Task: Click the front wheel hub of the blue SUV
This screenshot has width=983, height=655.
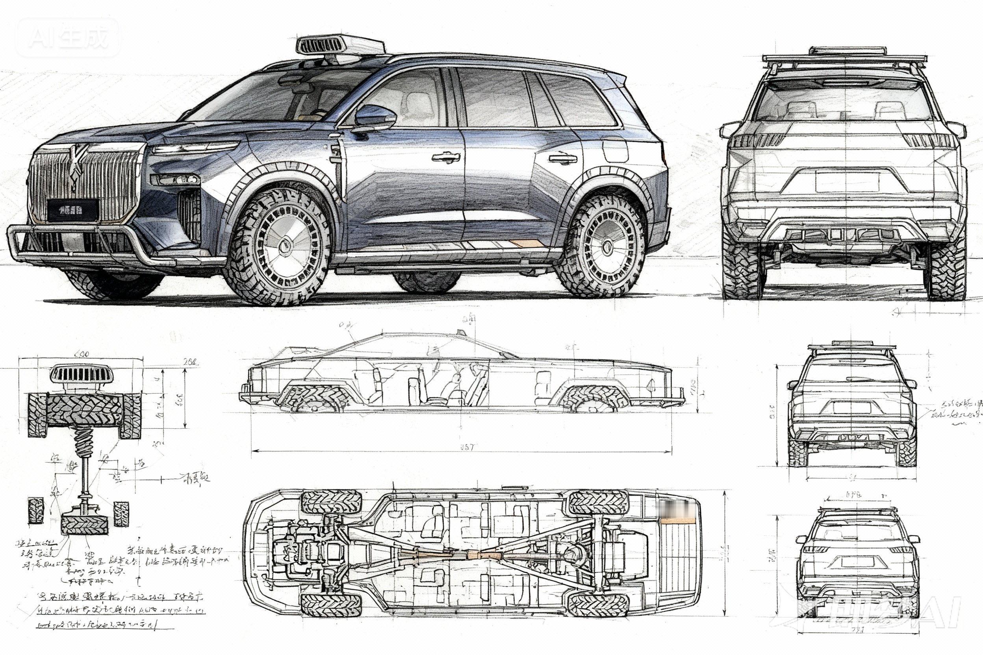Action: [x=286, y=246]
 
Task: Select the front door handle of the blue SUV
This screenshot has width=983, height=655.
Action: [x=445, y=157]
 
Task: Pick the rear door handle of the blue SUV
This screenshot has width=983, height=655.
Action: [x=562, y=159]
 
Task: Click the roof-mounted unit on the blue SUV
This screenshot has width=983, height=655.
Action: [x=340, y=46]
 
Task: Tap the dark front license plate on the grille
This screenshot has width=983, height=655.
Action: [x=73, y=210]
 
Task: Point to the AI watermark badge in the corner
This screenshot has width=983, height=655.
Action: [x=68, y=38]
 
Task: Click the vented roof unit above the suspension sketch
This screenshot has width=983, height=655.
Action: [x=81, y=374]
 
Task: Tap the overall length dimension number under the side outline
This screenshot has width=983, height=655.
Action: [x=467, y=448]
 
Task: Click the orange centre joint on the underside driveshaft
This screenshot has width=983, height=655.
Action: [x=473, y=555]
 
